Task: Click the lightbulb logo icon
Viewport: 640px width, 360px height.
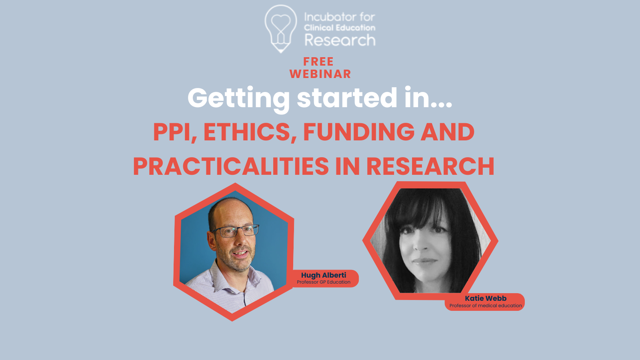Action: pos(281,28)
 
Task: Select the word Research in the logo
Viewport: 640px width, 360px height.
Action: pos(340,40)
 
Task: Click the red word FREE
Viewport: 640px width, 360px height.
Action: pos(318,62)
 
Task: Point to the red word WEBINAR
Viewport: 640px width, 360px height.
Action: pos(320,74)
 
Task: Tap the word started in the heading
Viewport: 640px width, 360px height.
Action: pos(347,98)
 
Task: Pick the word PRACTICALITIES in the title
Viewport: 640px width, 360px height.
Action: pos(231,166)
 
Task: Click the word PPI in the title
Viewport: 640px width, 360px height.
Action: pos(175,132)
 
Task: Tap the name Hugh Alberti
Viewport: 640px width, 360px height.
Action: pos(324,275)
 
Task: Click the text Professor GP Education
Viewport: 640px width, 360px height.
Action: pos(324,282)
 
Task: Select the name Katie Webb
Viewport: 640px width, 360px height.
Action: pos(486,298)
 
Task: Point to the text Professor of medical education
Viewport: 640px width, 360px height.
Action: pos(486,306)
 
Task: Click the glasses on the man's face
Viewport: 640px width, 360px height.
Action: pos(236,231)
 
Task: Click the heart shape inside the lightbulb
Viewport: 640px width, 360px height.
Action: pos(280,23)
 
